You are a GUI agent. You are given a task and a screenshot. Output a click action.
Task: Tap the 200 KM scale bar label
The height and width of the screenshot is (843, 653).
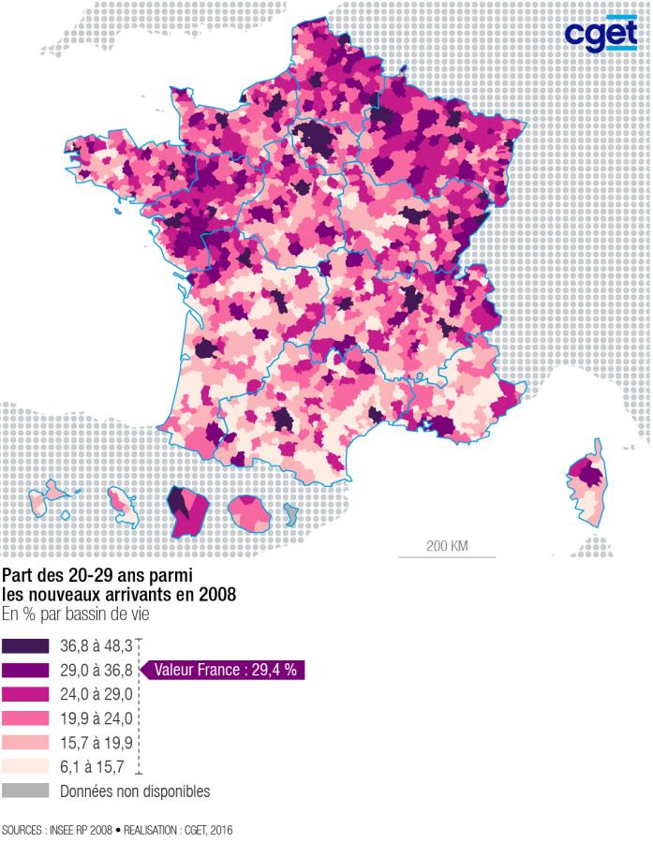447,545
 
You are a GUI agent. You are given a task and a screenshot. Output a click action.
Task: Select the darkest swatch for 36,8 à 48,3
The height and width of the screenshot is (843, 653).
25,645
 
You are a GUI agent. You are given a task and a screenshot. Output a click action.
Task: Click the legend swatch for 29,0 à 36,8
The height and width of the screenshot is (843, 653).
25,670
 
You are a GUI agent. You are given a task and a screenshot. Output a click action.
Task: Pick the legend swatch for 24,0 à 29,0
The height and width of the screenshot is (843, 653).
25,694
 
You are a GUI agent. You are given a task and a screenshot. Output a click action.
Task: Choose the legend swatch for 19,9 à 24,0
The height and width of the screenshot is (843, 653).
25,718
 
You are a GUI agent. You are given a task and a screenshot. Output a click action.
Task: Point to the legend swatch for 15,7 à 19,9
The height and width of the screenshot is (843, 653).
25,743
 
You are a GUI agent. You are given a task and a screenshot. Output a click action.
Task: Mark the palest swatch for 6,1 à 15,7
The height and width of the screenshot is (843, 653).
25,767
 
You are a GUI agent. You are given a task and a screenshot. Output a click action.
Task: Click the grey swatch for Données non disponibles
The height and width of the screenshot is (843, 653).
25,791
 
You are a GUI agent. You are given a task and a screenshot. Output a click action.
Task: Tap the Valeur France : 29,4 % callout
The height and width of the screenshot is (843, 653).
225,670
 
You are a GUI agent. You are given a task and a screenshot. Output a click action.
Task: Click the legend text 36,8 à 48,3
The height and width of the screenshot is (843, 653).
95,645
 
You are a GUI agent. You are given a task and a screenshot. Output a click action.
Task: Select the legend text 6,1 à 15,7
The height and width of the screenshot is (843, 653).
91,767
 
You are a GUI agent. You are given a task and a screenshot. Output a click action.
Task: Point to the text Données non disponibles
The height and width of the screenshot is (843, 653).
135,791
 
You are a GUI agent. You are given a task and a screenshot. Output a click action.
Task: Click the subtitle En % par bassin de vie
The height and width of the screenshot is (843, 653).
74,614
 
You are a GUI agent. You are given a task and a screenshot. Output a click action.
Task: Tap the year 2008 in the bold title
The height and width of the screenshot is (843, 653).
217,594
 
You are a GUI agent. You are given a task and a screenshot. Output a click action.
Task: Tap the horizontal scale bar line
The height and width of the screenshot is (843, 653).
447,557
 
